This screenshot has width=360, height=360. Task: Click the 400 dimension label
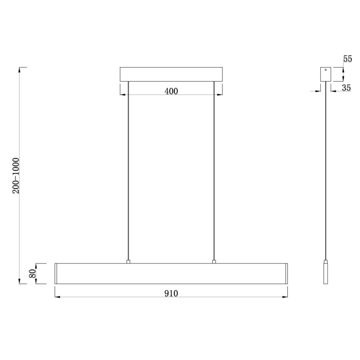click(x=171, y=91)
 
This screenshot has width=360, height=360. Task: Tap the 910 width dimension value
click(x=171, y=293)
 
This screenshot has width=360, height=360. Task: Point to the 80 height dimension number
click(x=31, y=274)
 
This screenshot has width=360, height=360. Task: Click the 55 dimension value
click(x=347, y=59)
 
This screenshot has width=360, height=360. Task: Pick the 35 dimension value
click(x=346, y=88)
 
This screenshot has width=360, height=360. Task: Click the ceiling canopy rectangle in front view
click(x=171, y=74)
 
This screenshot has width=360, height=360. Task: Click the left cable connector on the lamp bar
click(x=129, y=261)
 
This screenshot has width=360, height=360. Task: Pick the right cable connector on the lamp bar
click(x=214, y=261)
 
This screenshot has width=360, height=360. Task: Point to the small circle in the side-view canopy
click(x=326, y=70)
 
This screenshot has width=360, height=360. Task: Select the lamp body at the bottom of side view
click(x=326, y=273)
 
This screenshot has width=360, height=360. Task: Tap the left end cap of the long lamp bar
click(x=56, y=273)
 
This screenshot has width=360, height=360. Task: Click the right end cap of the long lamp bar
click(x=286, y=273)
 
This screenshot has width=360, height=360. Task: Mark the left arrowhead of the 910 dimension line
click(x=57, y=297)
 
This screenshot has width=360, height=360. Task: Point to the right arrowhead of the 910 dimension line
click(x=285, y=297)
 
